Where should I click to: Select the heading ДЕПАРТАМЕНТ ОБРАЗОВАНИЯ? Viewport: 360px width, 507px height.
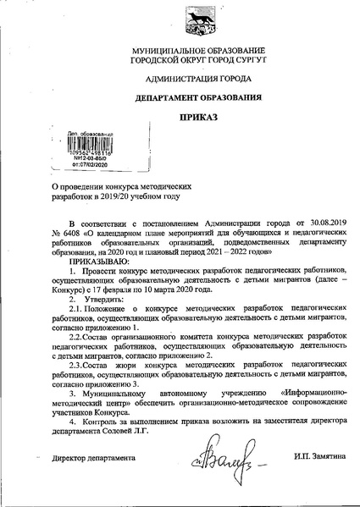coord(180,96)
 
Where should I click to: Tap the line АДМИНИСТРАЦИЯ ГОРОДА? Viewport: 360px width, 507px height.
coord(180,79)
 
